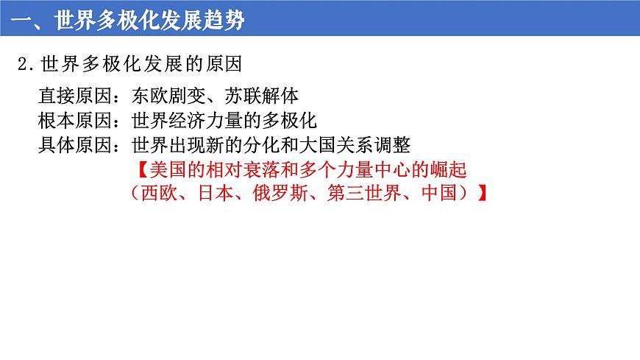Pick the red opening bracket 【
(141, 169)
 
